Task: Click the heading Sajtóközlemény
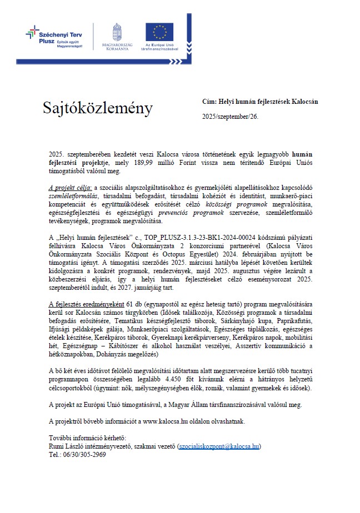[97, 109]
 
